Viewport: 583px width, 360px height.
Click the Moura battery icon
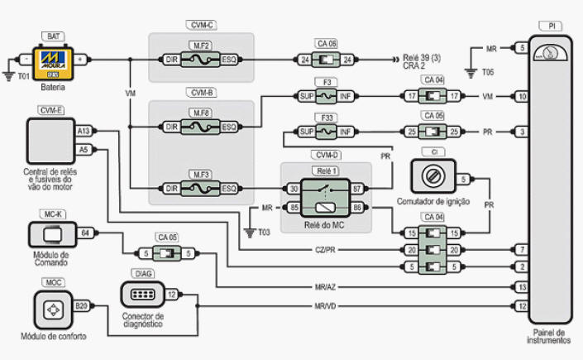(54, 60)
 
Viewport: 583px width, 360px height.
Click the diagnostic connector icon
(139, 295)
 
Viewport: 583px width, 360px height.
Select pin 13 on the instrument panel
(522, 287)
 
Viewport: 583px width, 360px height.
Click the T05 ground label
(488, 72)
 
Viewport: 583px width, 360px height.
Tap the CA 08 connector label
(327, 44)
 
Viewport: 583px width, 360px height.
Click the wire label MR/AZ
(324, 287)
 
